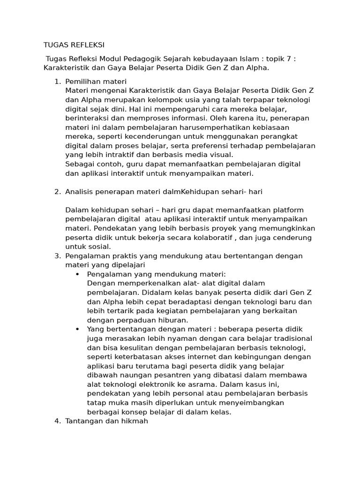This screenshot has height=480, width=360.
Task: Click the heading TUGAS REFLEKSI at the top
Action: click(x=74, y=45)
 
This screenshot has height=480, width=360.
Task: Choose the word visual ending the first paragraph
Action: click(x=219, y=155)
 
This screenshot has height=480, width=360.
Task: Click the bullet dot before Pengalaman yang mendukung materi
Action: click(x=77, y=274)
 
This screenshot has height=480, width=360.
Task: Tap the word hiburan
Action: click(x=171, y=320)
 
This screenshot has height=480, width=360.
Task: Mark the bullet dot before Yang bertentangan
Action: click(x=77, y=330)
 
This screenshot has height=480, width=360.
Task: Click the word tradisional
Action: click(x=290, y=338)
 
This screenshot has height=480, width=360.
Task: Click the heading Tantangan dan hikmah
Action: click(x=107, y=421)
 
